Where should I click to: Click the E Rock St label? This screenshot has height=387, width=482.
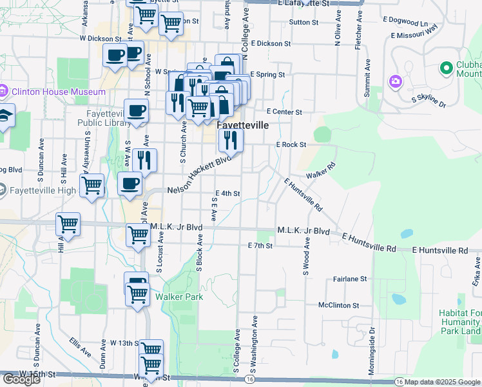click(291, 144)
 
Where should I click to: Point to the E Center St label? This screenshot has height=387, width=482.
click(284, 112)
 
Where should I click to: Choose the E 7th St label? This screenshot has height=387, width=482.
click(261, 246)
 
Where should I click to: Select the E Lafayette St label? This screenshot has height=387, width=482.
click(304, 3)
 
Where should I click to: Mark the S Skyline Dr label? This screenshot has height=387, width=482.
click(429, 101)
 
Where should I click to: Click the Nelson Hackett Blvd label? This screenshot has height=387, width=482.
click(199, 175)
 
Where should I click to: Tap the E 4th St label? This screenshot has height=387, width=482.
click(227, 193)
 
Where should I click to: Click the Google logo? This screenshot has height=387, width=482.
click(21, 379)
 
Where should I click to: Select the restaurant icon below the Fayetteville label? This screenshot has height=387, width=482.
click(230, 139)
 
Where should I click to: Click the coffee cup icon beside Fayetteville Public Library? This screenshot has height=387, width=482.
click(136, 112)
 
